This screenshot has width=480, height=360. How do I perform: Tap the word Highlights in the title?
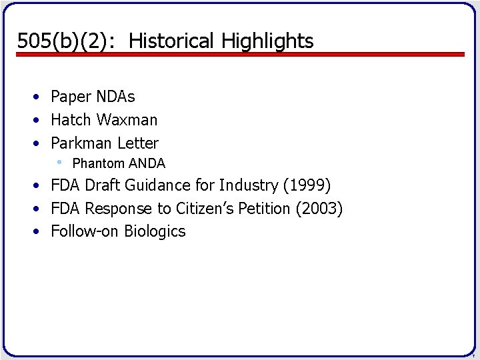(x=267, y=41)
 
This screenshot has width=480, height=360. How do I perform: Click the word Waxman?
(x=127, y=120)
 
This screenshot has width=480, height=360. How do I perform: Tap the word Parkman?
(x=82, y=143)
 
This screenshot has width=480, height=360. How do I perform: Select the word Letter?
(x=138, y=143)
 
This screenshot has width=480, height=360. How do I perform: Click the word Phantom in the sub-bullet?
(x=99, y=163)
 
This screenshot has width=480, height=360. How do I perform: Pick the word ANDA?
(x=147, y=163)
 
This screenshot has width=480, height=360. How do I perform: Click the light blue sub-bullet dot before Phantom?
(x=59, y=162)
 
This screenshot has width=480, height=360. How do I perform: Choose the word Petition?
(x=265, y=209)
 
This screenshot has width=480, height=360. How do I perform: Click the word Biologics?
(x=155, y=232)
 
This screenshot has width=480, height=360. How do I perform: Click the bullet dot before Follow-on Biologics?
(x=39, y=232)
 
